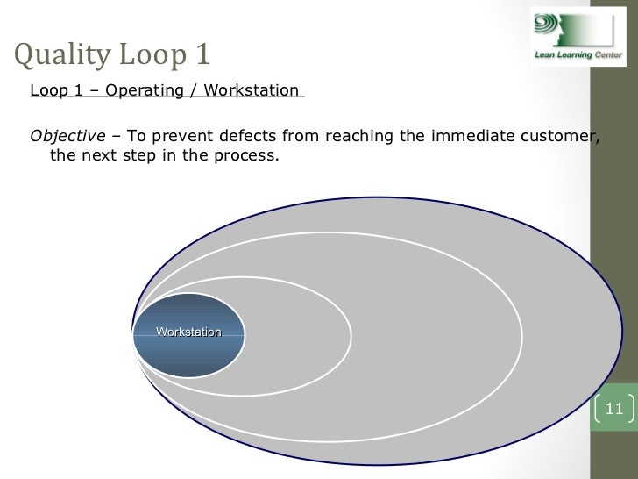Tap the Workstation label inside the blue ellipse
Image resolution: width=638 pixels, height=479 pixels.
188,332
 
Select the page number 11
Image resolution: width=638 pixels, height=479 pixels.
613,408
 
